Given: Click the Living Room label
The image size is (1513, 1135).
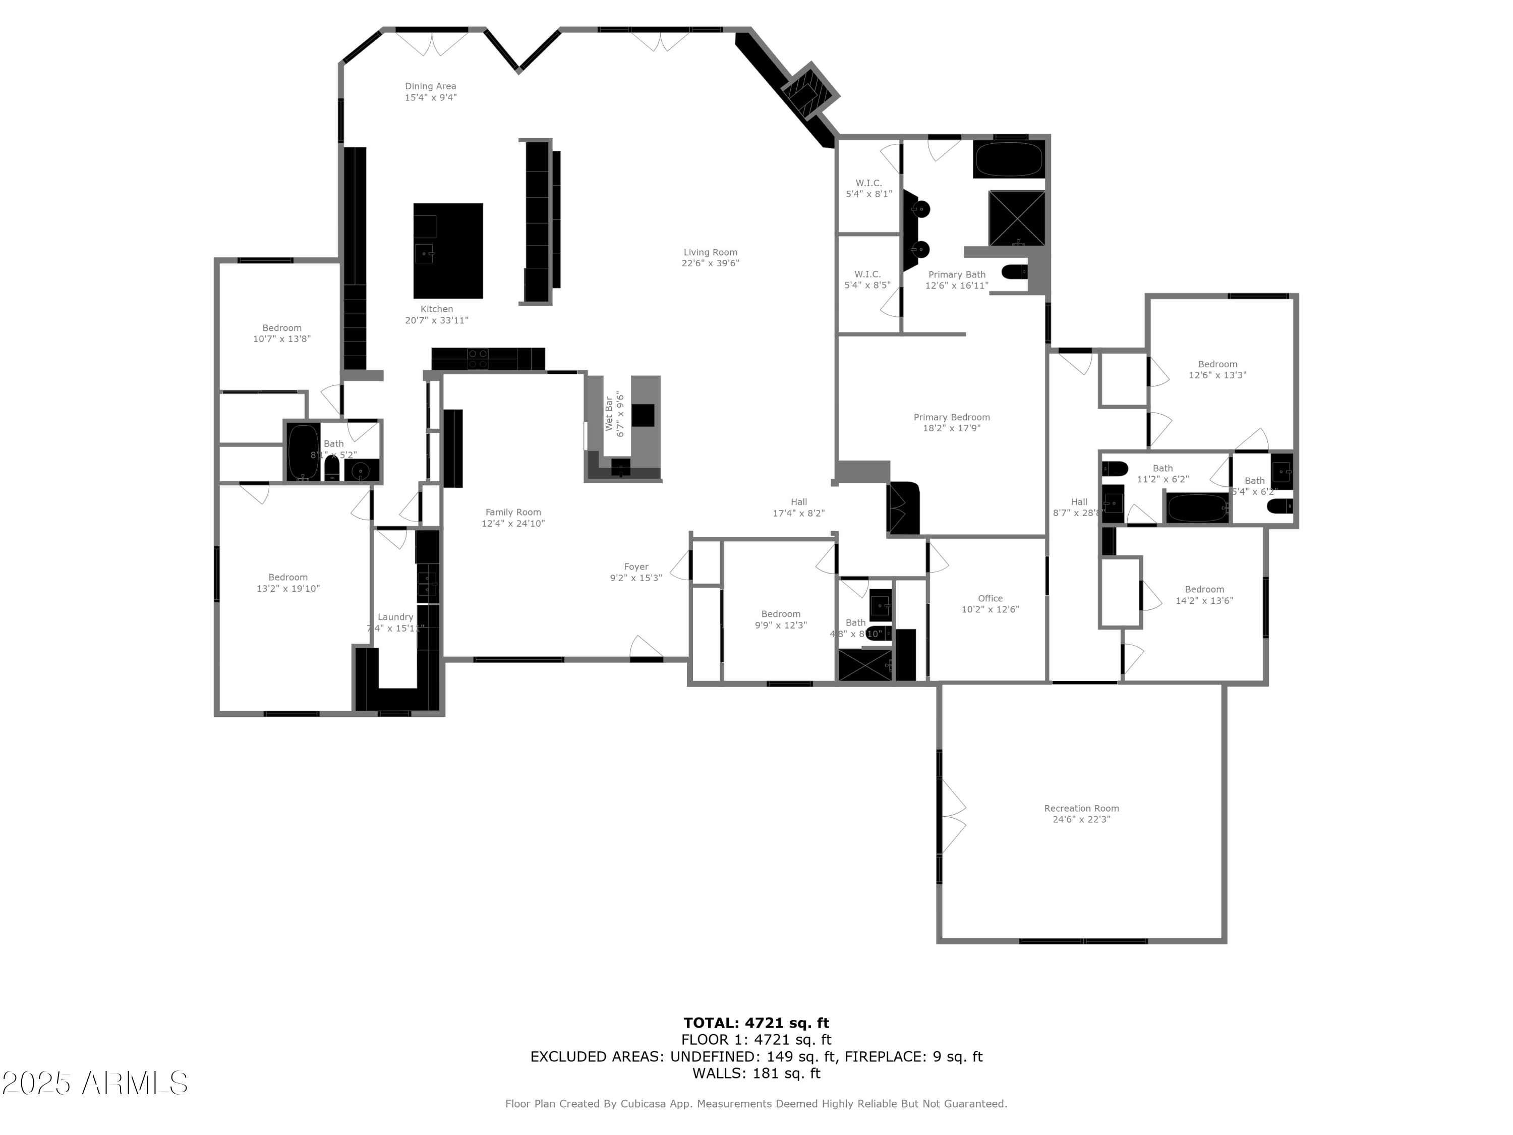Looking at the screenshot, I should (710, 252).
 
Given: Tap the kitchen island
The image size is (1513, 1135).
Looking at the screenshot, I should (448, 250).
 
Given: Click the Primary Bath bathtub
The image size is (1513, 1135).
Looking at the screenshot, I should (1009, 160).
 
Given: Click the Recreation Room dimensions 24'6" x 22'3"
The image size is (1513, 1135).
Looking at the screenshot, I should (1081, 819).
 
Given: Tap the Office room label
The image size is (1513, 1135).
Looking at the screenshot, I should (990, 598).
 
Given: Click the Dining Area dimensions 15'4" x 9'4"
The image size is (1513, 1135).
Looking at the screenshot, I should (430, 98).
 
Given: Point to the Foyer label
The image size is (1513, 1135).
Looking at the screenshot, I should (636, 566).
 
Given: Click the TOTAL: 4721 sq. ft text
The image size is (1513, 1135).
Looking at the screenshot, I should (756, 1023).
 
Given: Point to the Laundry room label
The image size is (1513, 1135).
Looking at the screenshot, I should (395, 617).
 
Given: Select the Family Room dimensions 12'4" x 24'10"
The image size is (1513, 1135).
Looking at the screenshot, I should (513, 524).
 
